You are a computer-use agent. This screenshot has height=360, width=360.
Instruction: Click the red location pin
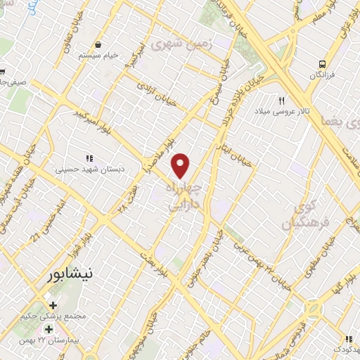click(x=181, y=165)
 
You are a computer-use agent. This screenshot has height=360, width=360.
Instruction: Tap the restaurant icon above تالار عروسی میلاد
click(x=282, y=101)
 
